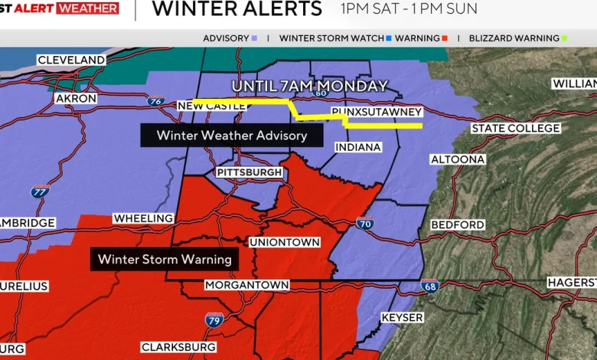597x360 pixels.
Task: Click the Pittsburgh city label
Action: click(250, 172)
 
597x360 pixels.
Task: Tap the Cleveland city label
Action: click(71, 60)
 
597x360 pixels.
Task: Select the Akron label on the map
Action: click(76, 99)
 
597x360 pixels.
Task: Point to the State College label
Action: click(515, 128)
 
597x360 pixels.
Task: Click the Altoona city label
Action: click(458, 159)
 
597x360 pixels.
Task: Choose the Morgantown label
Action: click(246, 285)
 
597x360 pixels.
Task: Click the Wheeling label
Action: click(143, 218)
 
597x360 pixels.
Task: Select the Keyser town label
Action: click(402, 317)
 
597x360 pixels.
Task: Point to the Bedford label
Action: click(458, 224)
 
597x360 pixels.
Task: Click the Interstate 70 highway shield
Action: click(365, 224)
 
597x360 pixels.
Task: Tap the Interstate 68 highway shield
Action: click(429, 286)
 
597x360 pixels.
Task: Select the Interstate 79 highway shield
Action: click(215, 319)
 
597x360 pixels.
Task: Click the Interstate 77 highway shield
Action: click(41, 191)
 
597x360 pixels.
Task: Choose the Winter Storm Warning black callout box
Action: click(165, 260)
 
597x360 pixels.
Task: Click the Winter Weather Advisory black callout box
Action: click(231, 136)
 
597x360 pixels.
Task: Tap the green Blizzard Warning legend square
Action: click(564, 38)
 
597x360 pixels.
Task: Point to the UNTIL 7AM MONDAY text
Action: click(309, 86)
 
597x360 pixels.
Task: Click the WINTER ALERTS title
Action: click(237, 9)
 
